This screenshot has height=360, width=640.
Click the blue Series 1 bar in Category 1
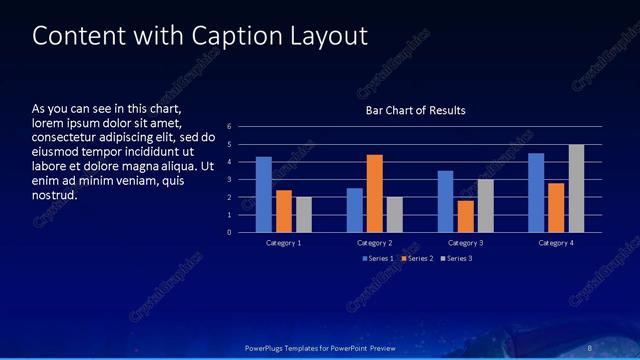tap(263, 195)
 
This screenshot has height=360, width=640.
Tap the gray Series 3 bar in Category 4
tap(576, 189)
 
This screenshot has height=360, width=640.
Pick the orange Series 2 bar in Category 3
tap(465, 216)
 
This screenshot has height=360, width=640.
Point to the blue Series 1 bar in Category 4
tap(536, 193)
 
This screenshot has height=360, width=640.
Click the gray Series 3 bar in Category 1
tap(304, 215)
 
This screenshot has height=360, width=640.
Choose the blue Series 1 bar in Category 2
tap(355, 210)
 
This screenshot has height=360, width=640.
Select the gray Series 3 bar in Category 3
tap(485, 206)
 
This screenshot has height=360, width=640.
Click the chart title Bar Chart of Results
tap(415, 110)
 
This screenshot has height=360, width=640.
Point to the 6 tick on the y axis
tap(229, 127)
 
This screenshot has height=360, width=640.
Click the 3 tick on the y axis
tap(229, 180)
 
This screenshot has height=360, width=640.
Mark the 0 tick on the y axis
tap(229, 233)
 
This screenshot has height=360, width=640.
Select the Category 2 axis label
tap(375, 243)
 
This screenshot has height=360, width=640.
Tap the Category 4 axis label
tap(556, 243)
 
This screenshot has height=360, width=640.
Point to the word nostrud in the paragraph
tap(55, 194)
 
